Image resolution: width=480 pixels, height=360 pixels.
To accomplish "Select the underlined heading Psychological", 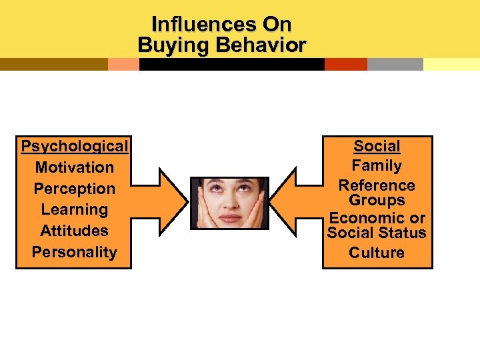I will [74, 146].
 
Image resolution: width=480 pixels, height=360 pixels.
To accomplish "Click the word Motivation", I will [74, 167].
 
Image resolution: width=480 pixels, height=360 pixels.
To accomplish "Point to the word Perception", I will [74, 189].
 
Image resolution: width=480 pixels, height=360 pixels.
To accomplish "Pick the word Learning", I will [74, 209].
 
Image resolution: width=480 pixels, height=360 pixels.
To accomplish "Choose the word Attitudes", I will [74, 231].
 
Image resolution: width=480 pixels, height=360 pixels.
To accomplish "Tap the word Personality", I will [74, 252].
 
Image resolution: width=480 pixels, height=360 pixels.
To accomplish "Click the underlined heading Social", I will [377, 146].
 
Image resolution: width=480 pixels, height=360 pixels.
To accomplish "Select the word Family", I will [377, 165].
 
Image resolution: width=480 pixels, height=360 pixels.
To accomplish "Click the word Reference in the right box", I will [377, 185].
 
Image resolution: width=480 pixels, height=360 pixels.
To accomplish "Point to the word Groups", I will [377, 200].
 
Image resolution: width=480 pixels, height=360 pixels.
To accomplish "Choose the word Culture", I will [377, 253].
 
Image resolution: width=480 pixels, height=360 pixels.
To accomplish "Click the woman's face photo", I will [229, 203].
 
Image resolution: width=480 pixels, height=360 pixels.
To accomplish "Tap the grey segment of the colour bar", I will [395, 64].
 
